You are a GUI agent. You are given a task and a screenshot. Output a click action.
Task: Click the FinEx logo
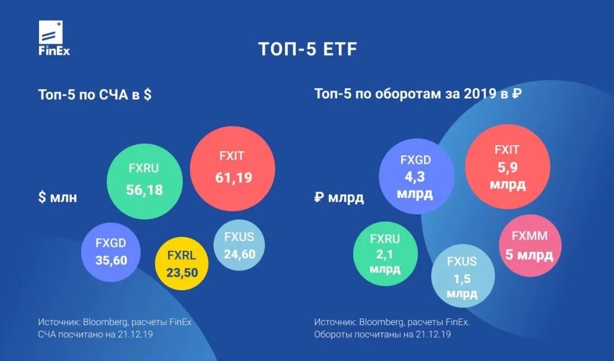54,39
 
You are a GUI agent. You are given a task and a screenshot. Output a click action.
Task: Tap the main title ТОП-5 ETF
307,49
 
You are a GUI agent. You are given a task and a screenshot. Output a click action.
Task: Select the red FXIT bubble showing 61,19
233,169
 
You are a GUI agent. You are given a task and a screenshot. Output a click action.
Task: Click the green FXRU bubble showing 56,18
144,181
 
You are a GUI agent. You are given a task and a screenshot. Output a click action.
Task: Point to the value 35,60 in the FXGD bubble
111,260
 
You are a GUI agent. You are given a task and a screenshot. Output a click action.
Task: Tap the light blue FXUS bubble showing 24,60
239,245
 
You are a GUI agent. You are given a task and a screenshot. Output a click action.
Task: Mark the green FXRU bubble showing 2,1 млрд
384,254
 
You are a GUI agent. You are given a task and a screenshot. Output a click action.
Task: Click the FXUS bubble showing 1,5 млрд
462,276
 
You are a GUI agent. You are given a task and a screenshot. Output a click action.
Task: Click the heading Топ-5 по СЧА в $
95,95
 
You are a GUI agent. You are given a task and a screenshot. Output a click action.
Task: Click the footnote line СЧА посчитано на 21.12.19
96,334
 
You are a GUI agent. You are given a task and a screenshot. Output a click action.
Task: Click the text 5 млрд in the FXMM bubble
530,254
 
